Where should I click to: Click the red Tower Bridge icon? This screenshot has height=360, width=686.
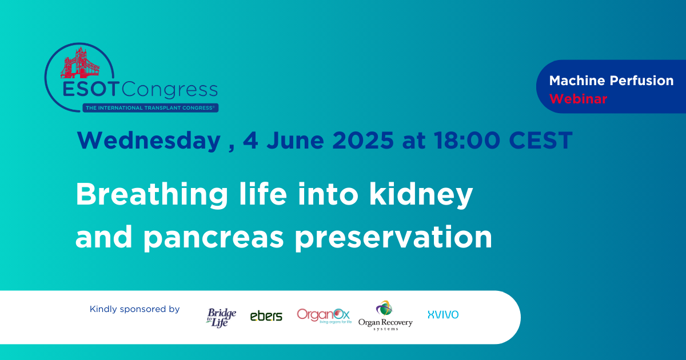(80, 62)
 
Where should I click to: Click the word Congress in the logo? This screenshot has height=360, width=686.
(170, 90)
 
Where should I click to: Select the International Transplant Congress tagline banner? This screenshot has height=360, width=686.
(150, 108)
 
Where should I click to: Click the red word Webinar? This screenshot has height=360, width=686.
(578, 99)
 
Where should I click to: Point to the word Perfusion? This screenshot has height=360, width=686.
(641, 81)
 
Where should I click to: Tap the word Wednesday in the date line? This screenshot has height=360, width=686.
(149, 140)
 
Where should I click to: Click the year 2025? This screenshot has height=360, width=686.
(363, 140)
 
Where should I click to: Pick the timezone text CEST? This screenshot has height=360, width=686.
(541, 140)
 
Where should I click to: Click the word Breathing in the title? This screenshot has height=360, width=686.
(152, 195)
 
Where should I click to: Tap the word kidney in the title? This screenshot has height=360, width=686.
(421, 195)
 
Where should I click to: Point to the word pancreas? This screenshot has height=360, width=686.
(213, 238)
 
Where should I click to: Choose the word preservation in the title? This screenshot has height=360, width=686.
(393, 237)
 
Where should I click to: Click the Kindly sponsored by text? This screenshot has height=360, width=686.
(134, 309)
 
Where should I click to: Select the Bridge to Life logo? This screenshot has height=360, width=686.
(221, 318)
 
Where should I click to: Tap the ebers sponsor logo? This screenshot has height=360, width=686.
(266, 316)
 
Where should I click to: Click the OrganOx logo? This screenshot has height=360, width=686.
(324, 316)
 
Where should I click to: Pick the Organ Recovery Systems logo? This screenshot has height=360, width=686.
(385, 315)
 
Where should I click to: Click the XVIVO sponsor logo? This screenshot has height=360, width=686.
(443, 315)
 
